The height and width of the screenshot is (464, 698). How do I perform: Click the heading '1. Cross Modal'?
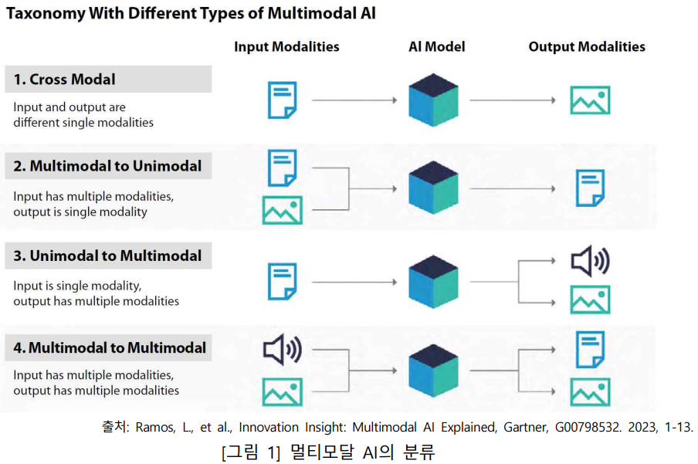(65, 80)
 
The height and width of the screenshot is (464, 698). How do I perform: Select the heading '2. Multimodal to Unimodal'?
(107, 166)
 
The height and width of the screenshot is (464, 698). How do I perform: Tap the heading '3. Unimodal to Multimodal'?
(107, 256)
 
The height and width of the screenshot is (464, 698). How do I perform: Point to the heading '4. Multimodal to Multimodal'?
(110, 348)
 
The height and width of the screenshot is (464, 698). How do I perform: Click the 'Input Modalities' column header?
(286, 47)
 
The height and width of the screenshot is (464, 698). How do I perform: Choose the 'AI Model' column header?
(436, 47)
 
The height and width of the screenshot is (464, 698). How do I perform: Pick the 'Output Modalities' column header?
(587, 47)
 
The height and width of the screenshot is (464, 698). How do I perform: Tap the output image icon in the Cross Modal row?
(590, 100)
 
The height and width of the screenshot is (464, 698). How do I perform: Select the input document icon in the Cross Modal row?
(282, 100)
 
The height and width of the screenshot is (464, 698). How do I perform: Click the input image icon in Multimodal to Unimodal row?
(282, 210)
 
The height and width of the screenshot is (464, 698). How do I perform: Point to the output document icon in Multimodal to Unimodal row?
(590, 188)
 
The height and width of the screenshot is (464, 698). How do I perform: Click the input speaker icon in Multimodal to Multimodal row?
(282, 351)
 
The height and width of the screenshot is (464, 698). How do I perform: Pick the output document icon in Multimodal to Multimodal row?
(590, 349)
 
